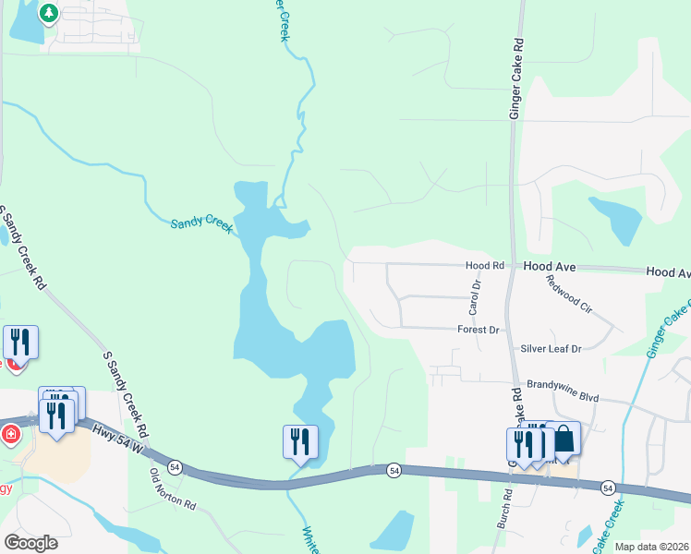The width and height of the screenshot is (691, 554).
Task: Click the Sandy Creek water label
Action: (203, 224)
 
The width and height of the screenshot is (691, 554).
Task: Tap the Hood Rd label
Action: (485, 265)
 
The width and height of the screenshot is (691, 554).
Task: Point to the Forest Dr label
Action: (478, 330)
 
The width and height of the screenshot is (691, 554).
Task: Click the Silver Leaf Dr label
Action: (551, 349)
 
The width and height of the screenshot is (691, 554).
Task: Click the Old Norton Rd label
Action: (174, 490)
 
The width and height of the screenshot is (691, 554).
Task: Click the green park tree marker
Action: (48, 14)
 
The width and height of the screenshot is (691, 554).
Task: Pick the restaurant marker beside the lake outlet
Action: (300, 441)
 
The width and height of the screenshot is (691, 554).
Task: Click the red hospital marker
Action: (10, 434)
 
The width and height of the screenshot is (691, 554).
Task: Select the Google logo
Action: (31, 542)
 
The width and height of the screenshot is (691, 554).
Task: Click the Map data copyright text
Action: (651, 547)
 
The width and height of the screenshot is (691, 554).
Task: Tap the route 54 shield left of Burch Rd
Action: (394, 471)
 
